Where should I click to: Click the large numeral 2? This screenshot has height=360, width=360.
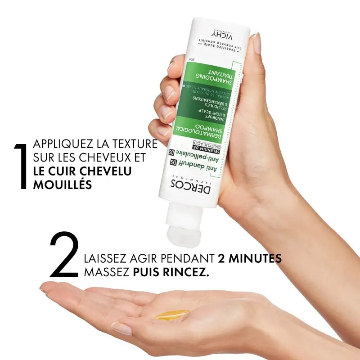click(x=64, y=255)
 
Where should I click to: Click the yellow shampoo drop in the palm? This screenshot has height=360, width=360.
click(x=172, y=315)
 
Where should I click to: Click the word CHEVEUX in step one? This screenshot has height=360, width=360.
click(x=103, y=158)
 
